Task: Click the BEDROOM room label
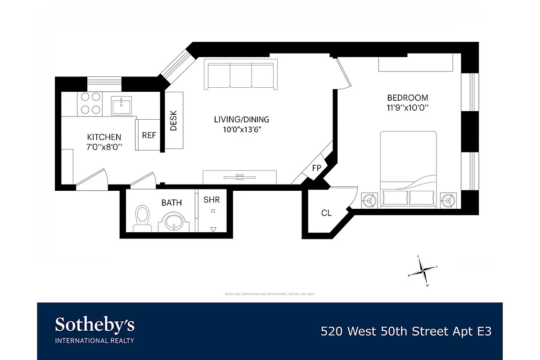tap(408, 98)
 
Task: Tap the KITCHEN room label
tap(104, 137)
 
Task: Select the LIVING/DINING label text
tap(241, 119)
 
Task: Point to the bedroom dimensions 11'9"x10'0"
tap(407, 108)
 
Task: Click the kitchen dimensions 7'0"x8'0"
tap(104, 147)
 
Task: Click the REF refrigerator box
tap(149, 135)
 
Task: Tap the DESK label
tap(174, 121)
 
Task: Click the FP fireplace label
tap(317, 168)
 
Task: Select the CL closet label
tap(326, 213)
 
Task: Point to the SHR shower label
tap(211, 199)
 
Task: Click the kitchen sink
tap(121, 106)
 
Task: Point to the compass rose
tap(423, 270)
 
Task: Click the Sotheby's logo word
tap(94, 325)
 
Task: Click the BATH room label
tap(171, 203)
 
